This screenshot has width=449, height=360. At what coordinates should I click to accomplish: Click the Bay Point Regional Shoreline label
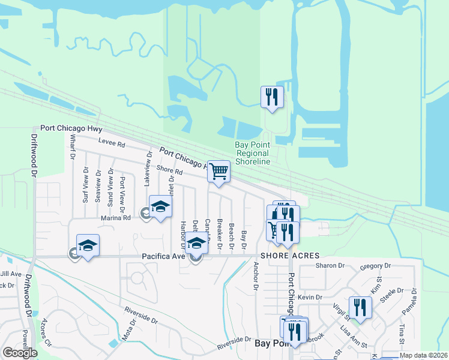[252, 154]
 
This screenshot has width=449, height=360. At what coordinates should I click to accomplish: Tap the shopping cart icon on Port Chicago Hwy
[218, 171]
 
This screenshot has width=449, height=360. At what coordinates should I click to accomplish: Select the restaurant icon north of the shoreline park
[271, 97]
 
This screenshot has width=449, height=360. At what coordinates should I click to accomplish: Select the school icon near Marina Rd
[160, 207]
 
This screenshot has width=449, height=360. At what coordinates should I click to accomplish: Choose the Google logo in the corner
[20, 352]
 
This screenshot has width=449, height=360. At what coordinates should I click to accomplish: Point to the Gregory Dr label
[375, 266]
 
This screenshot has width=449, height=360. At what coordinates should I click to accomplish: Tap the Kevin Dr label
[310, 297]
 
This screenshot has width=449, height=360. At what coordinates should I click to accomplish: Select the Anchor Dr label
[256, 276]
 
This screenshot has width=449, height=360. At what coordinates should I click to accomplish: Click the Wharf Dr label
[72, 147]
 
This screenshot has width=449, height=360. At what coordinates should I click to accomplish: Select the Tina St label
[402, 331]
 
